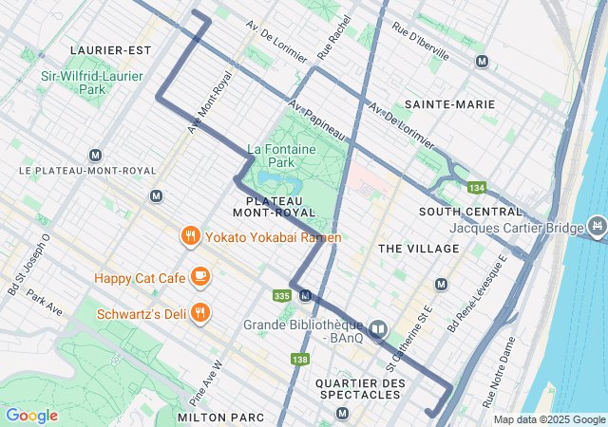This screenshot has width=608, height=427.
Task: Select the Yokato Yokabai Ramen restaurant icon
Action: point(190,236)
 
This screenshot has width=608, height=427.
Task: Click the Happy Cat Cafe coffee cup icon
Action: point(199,276)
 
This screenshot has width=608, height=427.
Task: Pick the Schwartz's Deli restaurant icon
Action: point(199,311)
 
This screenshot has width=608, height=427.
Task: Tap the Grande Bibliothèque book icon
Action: point(378,329)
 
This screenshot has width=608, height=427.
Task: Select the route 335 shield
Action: point(281,296)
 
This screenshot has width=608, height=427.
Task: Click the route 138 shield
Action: point(300,359)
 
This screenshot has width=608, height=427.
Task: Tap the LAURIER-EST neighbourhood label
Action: point(110,49)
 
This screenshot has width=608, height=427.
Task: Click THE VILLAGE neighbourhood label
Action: point(418,248)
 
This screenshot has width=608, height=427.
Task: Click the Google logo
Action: point(31,416)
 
